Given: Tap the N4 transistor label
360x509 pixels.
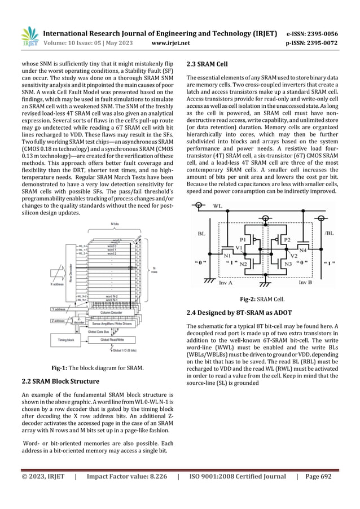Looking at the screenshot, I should click(302, 249).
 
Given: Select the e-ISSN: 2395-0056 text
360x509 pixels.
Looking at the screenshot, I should click(319, 33).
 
